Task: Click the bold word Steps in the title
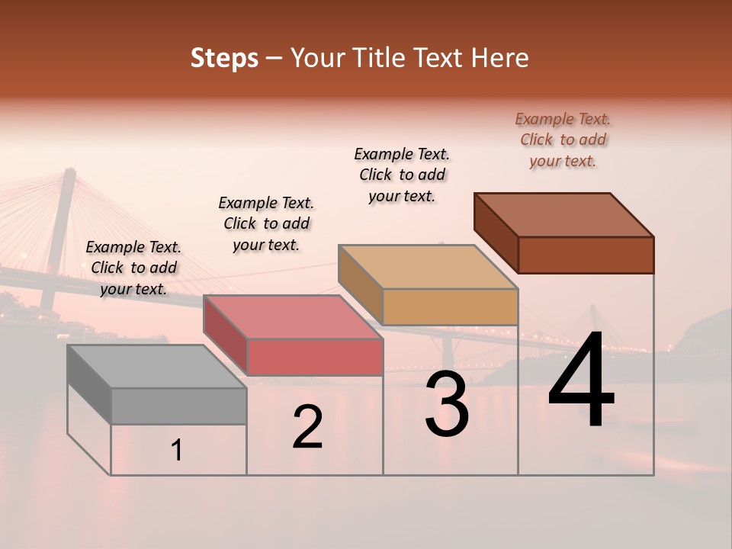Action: coord(224,58)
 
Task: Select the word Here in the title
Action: coord(499,58)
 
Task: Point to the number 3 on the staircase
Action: coord(447,404)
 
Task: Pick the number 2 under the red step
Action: coord(307,427)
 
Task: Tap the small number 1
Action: coord(177,451)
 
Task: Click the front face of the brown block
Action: coord(586,255)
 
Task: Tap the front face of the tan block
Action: coord(450,307)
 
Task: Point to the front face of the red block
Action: coord(314,357)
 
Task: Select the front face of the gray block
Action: coord(178,406)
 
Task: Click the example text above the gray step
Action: coord(133,268)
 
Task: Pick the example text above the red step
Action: coord(266,223)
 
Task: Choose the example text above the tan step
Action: coord(402,175)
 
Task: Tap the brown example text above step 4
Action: coord(563,140)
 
